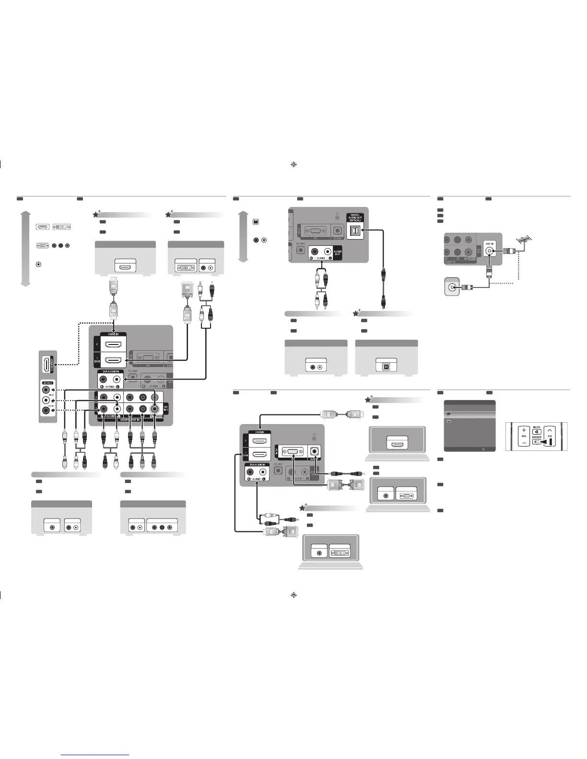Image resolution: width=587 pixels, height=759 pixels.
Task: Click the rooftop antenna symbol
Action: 523,241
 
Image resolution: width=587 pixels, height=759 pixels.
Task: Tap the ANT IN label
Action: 490,244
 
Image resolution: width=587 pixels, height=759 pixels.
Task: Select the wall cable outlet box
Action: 452,287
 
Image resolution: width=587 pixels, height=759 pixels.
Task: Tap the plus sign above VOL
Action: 524,430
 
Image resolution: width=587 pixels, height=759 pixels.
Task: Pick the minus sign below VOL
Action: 524,443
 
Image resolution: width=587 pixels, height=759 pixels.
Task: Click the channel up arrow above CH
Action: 550,430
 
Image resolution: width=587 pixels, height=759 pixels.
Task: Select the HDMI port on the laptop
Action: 397,444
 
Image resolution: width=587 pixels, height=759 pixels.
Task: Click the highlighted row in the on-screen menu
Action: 470,413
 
